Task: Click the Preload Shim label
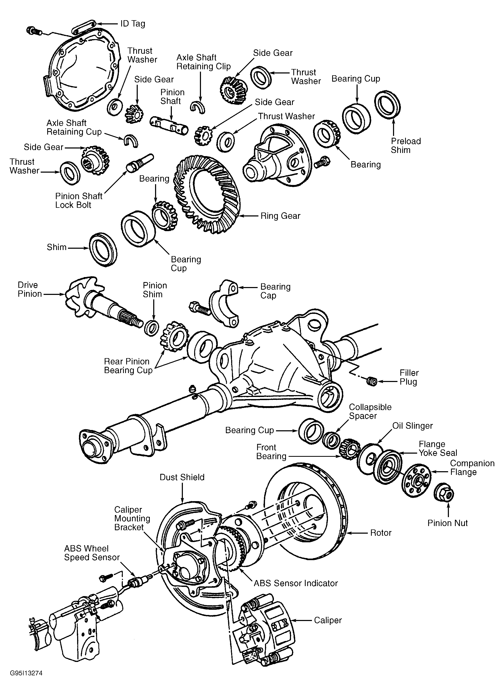click(x=406, y=146)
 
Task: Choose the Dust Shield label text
click(x=182, y=477)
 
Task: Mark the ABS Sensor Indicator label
click(x=296, y=583)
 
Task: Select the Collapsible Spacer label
click(x=370, y=412)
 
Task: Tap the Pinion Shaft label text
click(x=172, y=97)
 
